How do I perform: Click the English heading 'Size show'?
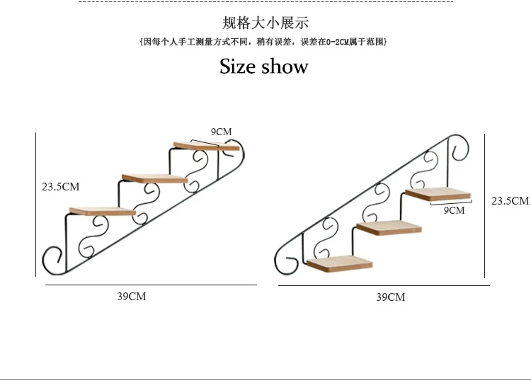click(x=263, y=67)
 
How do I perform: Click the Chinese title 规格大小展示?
click(x=265, y=23)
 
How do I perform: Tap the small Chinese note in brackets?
click(x=263, y=42)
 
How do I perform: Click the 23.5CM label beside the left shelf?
click(x=61, y=187)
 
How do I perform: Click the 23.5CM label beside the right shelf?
click(x=510, y=200)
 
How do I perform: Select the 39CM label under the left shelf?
click(x=132, y=296)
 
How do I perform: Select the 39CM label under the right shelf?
click(x=390, y=297)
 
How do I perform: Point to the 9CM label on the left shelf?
click(x=221, y=131)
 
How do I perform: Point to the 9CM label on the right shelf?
click(x=454, y=210)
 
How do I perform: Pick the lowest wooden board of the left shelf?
click(x=103, y=211)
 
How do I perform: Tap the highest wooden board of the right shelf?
click(x=439, y=193)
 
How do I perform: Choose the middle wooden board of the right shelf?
click(x=389, y=227)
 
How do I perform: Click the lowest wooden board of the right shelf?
click(x=340, y=263)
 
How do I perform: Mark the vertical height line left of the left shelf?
click(x=36, y=204)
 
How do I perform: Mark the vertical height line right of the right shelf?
click(x=485, y=205)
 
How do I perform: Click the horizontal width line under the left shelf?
click(x=151, y=285)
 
